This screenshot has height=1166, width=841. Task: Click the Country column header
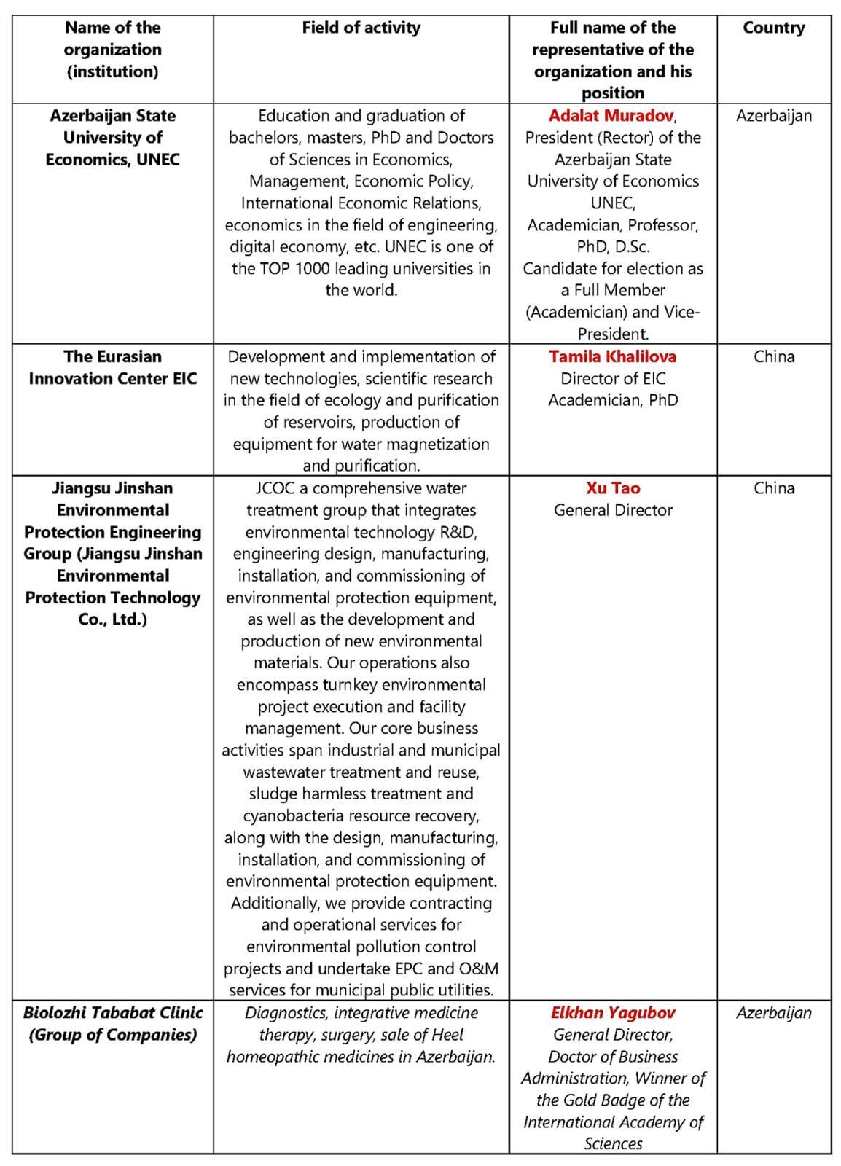[x=773, y=28]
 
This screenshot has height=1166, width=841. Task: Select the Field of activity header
[x=361, y=28]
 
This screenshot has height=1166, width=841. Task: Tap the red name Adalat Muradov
[x=611, y=115]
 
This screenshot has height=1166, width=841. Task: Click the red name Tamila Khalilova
[x=612, y=356]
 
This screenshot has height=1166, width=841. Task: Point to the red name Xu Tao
[x=612, y=488]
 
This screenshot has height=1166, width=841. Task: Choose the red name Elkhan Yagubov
[x=612, y=1012]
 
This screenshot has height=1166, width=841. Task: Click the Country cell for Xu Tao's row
[x=773, y=488]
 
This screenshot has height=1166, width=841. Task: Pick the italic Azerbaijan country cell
[x=773, y=1012]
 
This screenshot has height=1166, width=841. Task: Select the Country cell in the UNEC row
[x=773, y=115]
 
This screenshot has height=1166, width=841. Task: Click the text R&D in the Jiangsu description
[x=457, y=532]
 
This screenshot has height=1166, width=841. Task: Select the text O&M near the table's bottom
[x=479, y=969]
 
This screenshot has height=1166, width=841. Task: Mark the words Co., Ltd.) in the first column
[x=112, y=619]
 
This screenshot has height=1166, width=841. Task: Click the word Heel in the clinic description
[x=447, y=1034]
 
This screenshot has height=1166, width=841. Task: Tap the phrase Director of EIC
[x=612, y=378]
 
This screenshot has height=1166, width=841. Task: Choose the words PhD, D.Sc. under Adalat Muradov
[x=612, y=246]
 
